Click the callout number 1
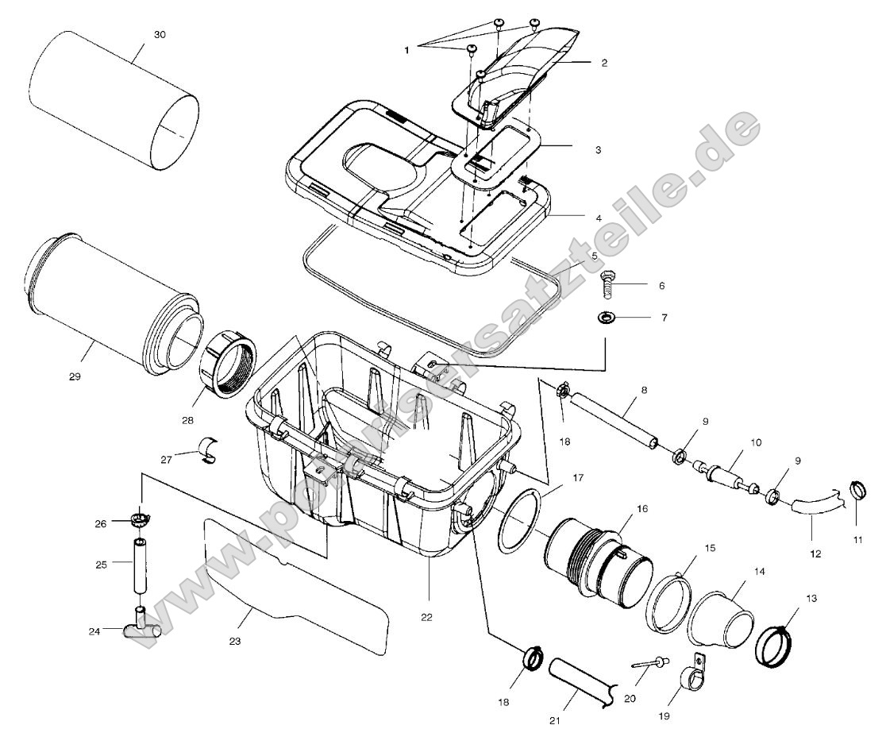[406, 49]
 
